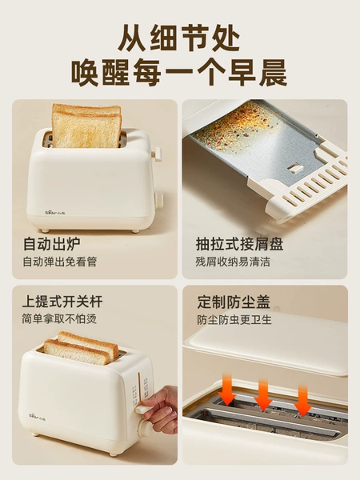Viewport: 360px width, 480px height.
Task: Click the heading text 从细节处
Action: click(179, 38)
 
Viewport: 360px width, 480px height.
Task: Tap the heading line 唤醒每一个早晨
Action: click(179, 73)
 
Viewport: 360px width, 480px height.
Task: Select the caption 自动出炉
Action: click(52, 244)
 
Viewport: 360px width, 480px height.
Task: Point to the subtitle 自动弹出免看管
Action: click(60, 262)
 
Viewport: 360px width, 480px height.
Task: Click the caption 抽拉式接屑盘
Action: click(239, 244)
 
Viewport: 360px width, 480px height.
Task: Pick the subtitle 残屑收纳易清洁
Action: click(233, 262)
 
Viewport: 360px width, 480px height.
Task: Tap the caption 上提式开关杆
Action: click(62, 302)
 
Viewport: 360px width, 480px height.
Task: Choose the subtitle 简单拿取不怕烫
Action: click(59, 319)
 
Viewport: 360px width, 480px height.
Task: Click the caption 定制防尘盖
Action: click(234, 302)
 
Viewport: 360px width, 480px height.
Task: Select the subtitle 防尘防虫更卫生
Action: click(234, 320)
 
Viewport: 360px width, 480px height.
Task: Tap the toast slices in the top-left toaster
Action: click(86, 126)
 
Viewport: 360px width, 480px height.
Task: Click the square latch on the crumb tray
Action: click(296, 168)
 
